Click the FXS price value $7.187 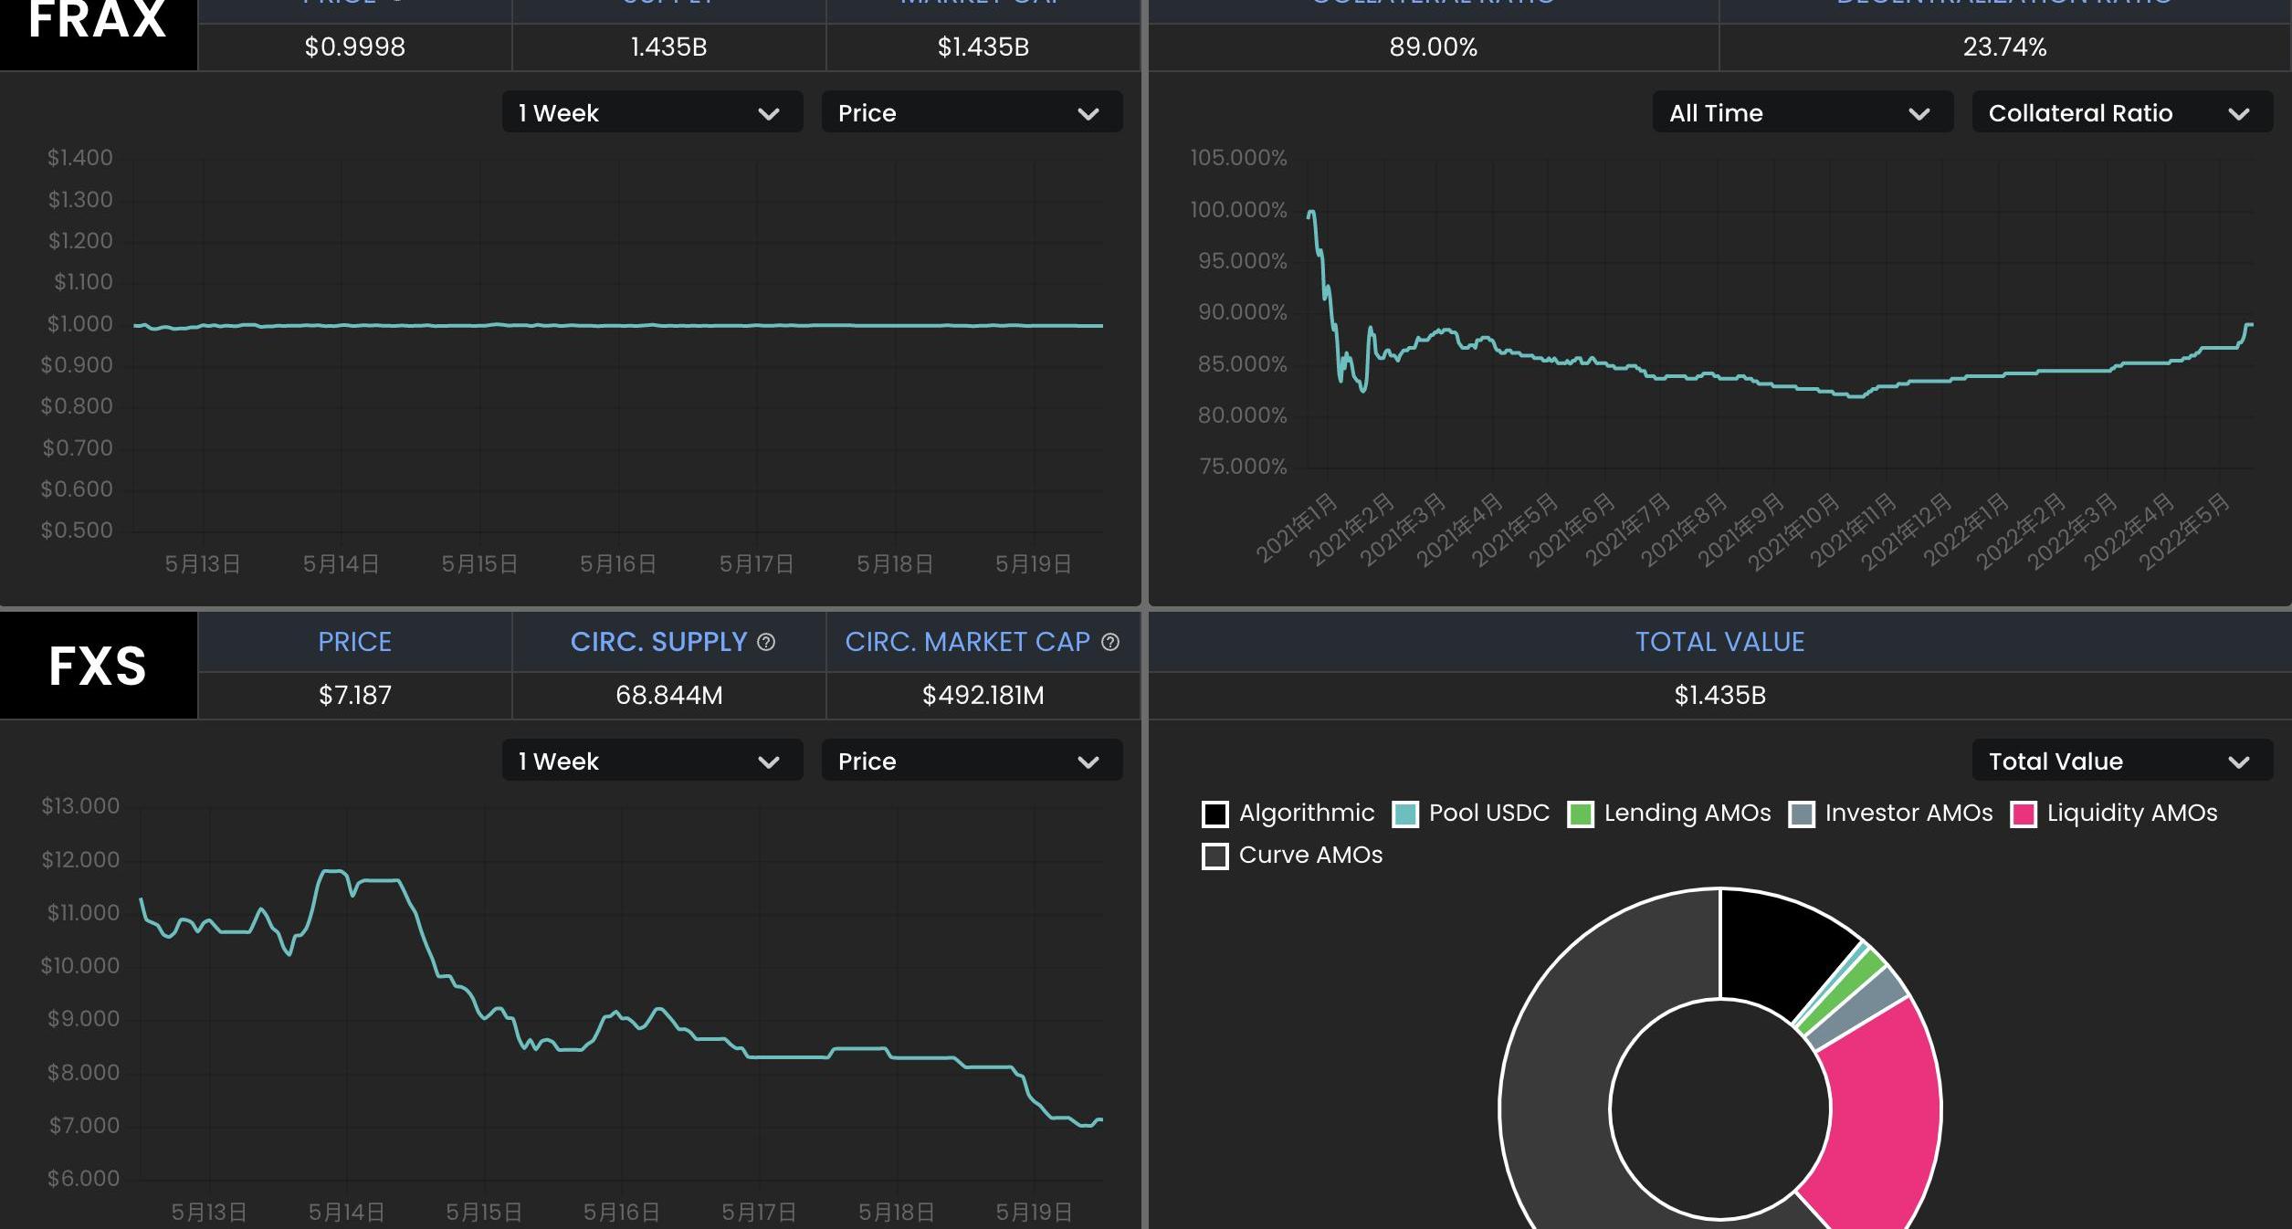354,696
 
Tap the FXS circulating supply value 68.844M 668,696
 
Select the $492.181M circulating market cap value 983,696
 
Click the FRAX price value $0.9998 354,47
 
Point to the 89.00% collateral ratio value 1433,47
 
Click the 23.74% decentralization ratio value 2004,47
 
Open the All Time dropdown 1802,113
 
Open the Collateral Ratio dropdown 2121,113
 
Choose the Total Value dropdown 2121,762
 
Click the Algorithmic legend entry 1288,814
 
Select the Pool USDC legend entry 1471,814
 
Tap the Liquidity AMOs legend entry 2114,814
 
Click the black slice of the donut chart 1776,950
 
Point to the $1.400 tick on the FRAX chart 80,158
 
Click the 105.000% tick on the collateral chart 1238,158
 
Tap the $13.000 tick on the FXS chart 80,806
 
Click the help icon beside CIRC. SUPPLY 766,643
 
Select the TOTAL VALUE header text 1719,643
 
